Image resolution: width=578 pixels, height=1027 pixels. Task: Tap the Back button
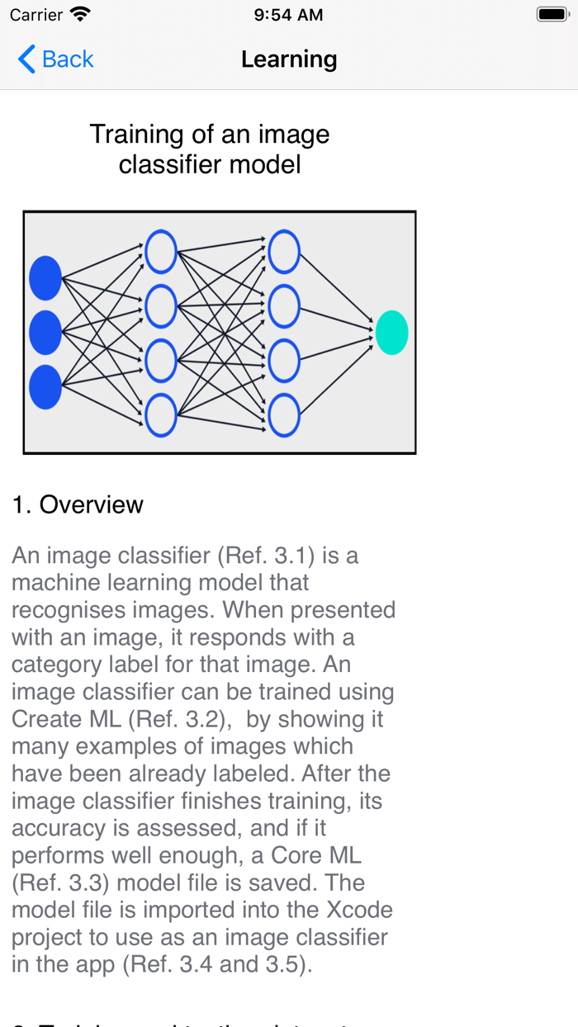(x=55, y=59)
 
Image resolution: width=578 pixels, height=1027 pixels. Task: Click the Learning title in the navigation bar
(x=289, y=59)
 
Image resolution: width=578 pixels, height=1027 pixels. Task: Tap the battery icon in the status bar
(x=552, y=14)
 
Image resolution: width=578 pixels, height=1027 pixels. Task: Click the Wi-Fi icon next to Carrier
(x=80, y=14)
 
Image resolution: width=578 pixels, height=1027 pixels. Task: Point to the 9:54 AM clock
(x=288, y=15)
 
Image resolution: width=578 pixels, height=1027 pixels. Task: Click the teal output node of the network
(x=391, y=333)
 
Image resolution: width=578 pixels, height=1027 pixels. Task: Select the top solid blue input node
(x=45, y=278)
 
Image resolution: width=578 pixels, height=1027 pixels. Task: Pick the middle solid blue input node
(x=45, y=333)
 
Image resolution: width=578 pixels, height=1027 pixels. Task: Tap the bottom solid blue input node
(x=45, y=386)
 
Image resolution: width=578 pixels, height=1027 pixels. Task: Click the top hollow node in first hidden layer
(x=161, y=252)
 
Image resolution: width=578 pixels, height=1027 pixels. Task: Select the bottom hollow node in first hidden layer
(x=161, y=414)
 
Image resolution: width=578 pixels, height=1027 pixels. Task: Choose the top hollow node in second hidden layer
(x=284, y=252)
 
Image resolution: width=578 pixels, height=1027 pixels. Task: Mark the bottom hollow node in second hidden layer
(x=284, y=414)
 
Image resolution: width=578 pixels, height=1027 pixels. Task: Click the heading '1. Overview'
(x=78, y=504)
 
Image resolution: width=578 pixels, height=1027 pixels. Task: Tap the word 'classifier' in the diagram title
(x=164, y=163)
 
